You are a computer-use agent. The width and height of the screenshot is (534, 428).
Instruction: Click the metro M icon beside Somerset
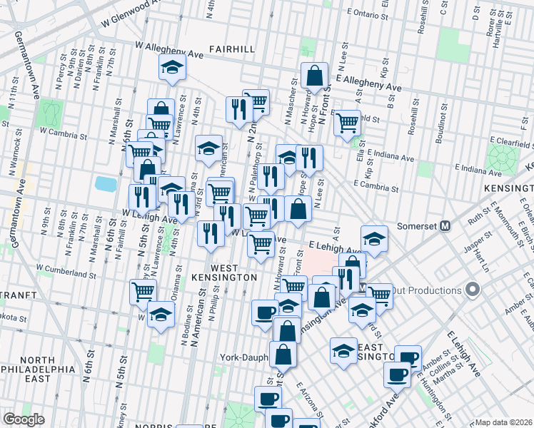pos(445,225)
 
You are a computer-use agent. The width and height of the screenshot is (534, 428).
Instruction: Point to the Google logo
pos(24,419)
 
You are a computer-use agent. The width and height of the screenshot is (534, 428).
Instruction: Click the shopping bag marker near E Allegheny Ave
pos(314,75)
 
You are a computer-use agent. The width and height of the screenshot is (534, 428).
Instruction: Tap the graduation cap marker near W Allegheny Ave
pos(172,67)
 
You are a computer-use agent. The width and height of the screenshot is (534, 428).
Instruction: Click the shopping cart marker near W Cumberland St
pos(143,291)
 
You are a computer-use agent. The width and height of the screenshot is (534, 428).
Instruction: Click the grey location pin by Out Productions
pos(471,290)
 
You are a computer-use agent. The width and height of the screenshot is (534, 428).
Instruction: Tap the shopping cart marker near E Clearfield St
pos(348,123)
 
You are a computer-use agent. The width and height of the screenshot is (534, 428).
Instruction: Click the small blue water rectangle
pos(105,183)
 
